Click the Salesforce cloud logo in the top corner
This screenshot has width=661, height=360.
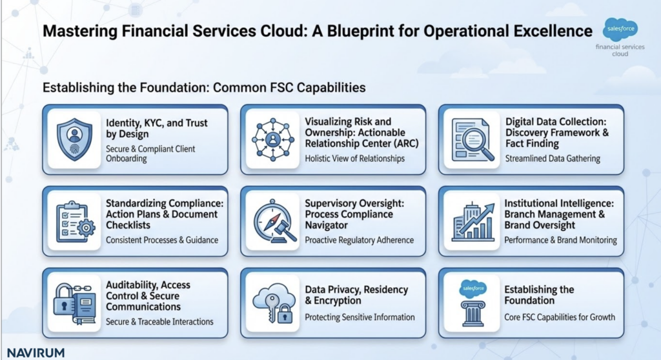[619, 30]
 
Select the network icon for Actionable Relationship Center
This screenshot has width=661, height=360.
[272, 140]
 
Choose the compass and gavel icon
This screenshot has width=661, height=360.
[272, 221]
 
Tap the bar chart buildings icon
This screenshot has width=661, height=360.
[471, 221]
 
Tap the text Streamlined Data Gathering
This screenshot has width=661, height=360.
[552, 159]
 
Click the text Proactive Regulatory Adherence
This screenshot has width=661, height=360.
[359, 240]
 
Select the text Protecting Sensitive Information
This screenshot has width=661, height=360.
[360, 317]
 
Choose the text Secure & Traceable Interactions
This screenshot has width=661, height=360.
[159, 321]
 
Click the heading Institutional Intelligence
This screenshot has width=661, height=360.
[560, 203]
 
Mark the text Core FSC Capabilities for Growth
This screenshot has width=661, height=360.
[560, 317]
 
